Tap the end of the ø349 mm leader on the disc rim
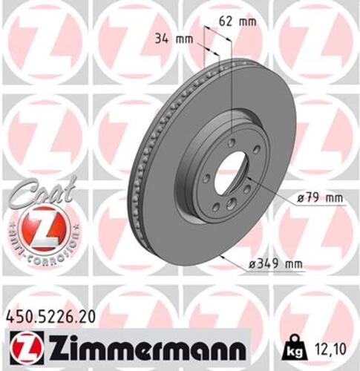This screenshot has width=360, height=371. tap(222, 256)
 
